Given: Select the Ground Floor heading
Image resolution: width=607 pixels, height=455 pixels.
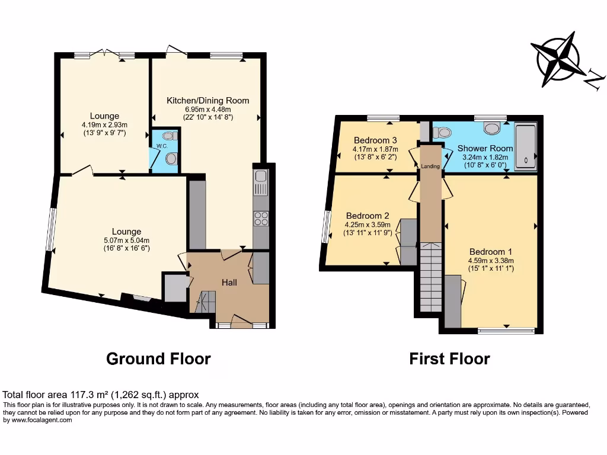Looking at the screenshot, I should (x=158, y=358).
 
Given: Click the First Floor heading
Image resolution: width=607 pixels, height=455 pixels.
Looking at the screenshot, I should (x=449, y=358).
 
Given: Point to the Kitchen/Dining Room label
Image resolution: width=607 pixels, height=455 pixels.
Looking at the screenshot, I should (x=207, y=100).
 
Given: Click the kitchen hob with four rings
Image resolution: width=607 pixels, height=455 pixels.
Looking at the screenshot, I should (x=261, y=218).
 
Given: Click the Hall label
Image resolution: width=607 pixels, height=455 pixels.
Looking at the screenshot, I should (x=229, y=282).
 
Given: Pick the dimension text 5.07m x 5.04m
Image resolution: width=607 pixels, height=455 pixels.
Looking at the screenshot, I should (x=127, y=241).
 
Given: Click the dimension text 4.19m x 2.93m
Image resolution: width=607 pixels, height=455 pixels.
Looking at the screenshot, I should (x=104, y=124).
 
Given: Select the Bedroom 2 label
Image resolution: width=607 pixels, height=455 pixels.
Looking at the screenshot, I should (x=368, y=216).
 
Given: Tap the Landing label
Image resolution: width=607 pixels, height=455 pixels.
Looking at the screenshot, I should (x=430, y=166).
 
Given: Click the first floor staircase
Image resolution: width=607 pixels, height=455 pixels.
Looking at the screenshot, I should (x=431, y=277).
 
